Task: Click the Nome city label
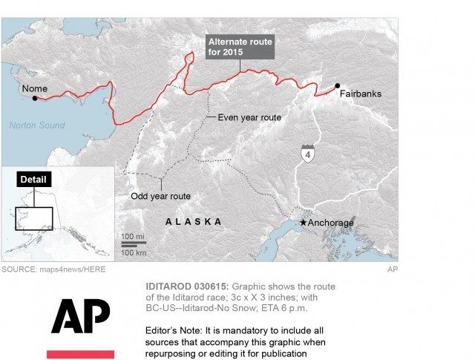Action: coord(34,89)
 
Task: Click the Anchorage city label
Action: coord(330,223)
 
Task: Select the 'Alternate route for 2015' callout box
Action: coord(240,46)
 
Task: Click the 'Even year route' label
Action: coord(249,117)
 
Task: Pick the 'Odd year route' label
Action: coord(155,196)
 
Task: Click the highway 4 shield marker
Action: coord(307,154)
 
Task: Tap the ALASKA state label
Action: coord(193,222)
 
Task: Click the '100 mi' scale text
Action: coord(134,237)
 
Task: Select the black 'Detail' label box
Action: coord(33,180)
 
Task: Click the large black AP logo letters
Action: coord(80,316)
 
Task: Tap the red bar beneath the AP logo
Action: coord(80,354)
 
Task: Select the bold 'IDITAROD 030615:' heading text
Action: coord(186,287)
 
